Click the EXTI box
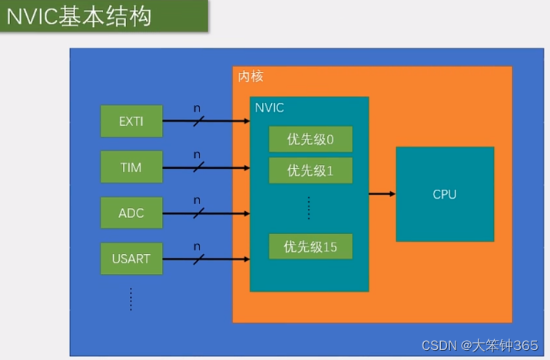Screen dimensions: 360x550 click(x=131, y=121)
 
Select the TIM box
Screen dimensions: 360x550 click(x=131, y=167)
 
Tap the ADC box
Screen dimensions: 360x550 click(x=131, y=213)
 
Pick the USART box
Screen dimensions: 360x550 click(x=131, y=259)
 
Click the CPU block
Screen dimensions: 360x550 click(x=444, y=194)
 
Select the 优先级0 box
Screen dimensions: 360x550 click(x=310, y=139)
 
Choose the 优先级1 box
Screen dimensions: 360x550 click(x=310, y=170)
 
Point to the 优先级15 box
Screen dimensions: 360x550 click(x=310, y=246)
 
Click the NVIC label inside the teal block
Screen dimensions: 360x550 click(x=270, y=107)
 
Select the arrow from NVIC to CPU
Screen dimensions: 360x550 click(x=382, y=193)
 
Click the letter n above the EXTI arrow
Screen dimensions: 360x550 click(x=197, y=108)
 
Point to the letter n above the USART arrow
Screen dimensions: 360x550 click(x=197, y=246)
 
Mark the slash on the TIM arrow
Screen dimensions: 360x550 click(x=198, y=167)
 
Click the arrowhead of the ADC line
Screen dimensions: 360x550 click(x=245, y=213)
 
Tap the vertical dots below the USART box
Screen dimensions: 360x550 click(x=131, y=299)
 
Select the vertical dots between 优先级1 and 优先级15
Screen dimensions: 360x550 click(x=309, y=207)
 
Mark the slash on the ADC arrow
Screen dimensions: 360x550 click(x=198, y=213)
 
